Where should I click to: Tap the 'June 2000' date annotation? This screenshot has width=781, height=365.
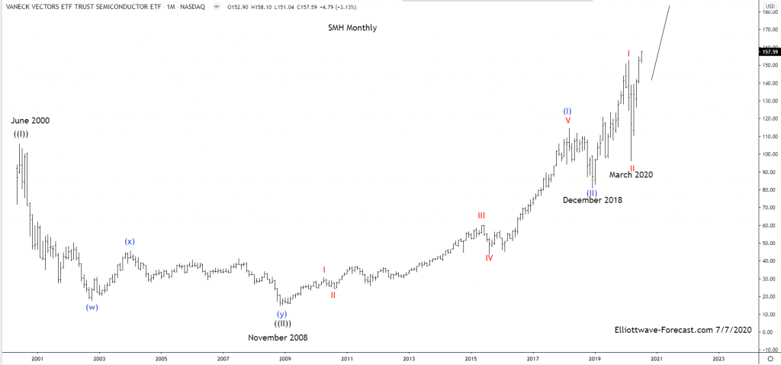[x=31, y=121]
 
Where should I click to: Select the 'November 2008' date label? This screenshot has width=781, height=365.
[x=278, y=337]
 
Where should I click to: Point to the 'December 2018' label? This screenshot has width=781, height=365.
[x=593, y=200]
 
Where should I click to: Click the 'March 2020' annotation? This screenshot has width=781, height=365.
[x=631, y=175]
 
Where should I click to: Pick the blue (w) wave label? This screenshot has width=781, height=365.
[x=92, y=307]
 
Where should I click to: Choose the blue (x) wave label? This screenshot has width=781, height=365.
[x=130, y=242]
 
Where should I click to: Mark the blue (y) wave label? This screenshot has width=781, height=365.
[x=282, y=314]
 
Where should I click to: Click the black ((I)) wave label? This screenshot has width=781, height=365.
[x=21, y=134]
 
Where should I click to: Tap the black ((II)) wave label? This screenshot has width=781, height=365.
[x=282, y=324]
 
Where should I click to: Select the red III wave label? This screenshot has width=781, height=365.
[x=481, y=216]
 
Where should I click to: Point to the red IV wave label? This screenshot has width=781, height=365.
[x=489, y=258]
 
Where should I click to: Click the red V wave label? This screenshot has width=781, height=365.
[x=567, y=121]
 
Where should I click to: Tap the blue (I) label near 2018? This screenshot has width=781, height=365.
[x=567, y=111]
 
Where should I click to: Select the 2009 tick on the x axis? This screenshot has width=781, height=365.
[x=284, y=357]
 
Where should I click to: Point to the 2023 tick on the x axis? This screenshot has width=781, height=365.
[x=718, y=357]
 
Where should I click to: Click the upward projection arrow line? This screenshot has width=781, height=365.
[x=660, y=43]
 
